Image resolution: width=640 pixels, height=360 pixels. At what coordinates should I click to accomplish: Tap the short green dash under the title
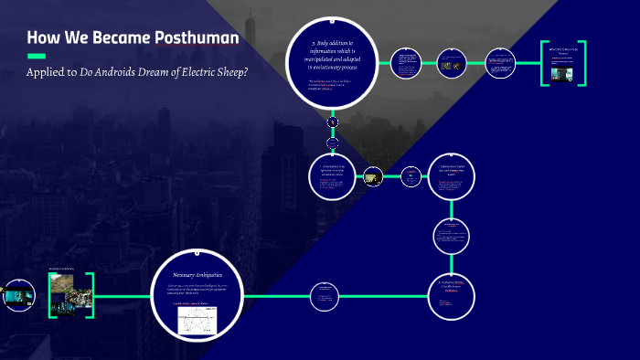coord(37,57)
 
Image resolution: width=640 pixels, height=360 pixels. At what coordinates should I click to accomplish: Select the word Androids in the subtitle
coord(119,73)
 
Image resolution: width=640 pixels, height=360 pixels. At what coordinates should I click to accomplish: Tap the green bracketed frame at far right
coord(563,63)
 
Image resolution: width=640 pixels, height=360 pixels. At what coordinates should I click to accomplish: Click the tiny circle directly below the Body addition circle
coord(333,122)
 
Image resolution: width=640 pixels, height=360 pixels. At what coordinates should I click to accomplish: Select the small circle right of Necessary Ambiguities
coord(324,293)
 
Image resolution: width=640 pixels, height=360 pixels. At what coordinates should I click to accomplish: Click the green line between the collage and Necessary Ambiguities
coord(123,293)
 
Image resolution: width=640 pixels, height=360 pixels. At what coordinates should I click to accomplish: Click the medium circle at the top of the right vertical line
coord(452,177)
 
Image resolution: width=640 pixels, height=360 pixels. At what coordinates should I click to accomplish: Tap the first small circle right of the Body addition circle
coord(407,64)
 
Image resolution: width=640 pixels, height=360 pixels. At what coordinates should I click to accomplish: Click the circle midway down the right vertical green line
coord(452,237)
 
